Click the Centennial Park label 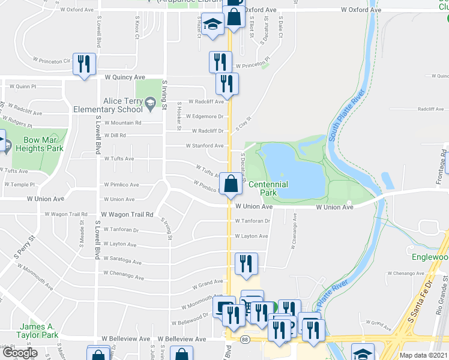tap(268, 188)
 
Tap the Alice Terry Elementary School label tap(108, 106)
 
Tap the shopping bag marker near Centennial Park tap(231, 184)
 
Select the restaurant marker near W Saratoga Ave tap(246, 264)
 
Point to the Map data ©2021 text tap(424, 355)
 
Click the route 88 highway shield tap(246, 340)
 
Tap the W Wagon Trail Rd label tap(127, 214)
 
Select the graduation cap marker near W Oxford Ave tap(211, 27)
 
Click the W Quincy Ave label tap(124, 77)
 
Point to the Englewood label tap(431, 257)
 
